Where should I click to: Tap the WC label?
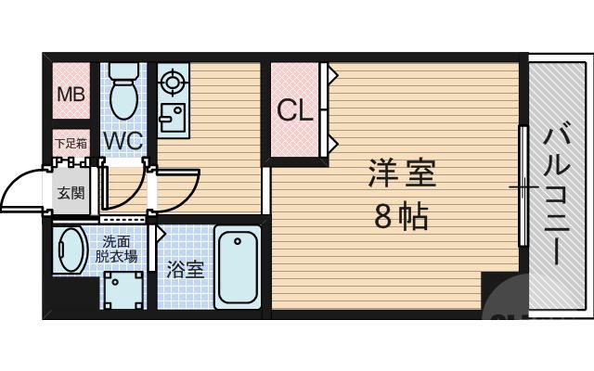(x=122, y=141)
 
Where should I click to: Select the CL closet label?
(x=295, y=111)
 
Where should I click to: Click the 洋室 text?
(x=402, y=174)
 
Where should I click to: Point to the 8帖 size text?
(x=401, y=217)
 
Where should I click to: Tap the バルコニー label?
(x=557, y=196)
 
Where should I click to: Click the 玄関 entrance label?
(x=70, y=194)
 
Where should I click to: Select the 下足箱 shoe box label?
(x=70, y=144)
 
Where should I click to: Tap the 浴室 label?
(x=185, y=270)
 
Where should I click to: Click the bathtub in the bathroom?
(x=239, y=267)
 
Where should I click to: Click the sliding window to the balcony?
(x=523, y=185)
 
